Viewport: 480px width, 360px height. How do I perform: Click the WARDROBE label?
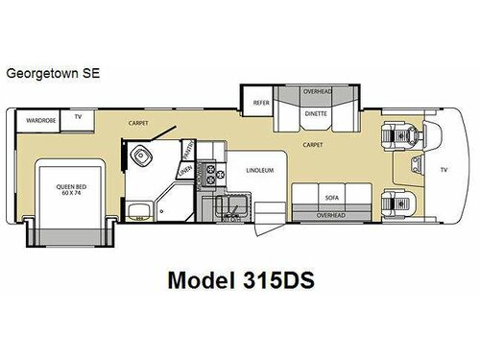coord(39,121)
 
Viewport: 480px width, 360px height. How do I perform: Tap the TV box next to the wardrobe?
coord(78,118)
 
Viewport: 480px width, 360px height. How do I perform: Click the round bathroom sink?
coord(143,158)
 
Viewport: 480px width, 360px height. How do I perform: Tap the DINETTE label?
coord(316,111)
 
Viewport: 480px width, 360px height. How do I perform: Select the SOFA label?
coord(331,198)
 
